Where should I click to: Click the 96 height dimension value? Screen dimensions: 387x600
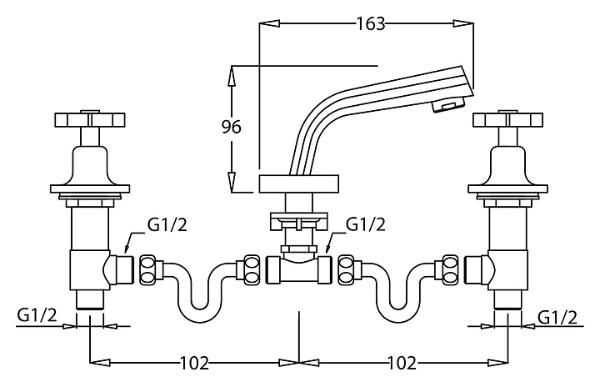(x=232, y=128)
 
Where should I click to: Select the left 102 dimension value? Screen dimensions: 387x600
(x=193, y=363)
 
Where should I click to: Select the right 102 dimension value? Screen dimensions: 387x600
(x=402, y=363)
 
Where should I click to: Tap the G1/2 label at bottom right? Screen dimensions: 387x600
(x=557, y=316)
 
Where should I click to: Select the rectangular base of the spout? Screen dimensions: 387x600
(x=299, y=183)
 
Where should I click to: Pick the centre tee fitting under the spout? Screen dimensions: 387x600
(x=298, y=269)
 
